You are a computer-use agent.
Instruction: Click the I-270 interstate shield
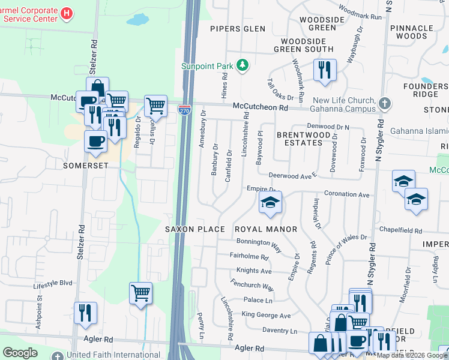click(x=185, y=109)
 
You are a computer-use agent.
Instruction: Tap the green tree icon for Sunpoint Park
click(x=243, y=65)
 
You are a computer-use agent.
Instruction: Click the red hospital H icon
click(x=67, y=12)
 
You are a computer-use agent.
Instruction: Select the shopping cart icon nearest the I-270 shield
click(x=155, y=106)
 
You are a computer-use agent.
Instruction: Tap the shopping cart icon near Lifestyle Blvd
click(x=140, y=293)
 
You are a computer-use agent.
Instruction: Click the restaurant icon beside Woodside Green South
click(x=325, y=69)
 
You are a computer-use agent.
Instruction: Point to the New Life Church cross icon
click(x=385, y=104)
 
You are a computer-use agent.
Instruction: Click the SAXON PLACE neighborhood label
click(x=195, y=229)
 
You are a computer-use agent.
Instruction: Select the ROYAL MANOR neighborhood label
click(x=266, y=229)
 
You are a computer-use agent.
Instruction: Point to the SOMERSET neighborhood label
click(x=81, y=164)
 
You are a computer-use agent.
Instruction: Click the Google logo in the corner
click(x=20, y=352)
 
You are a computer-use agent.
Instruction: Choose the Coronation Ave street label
click(x=346, y=194)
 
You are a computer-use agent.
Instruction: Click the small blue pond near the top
click(x=137, y=20)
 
